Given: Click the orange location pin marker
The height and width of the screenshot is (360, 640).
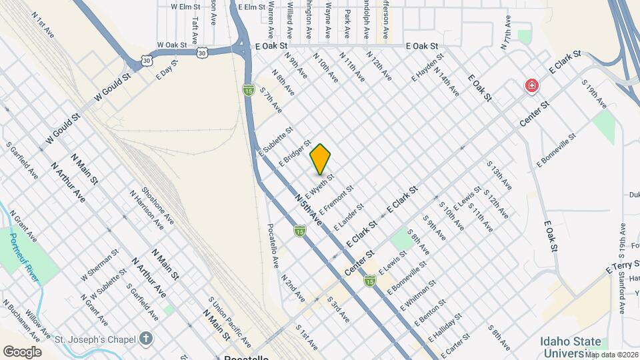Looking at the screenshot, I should tap(321, 159).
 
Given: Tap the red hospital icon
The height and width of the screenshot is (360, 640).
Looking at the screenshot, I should tap(531, 85).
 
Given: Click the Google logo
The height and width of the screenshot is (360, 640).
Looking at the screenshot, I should tap(22, 352).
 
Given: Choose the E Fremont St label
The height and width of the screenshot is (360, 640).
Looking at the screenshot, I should tap(339, 199).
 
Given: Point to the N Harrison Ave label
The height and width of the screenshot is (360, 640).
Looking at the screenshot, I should tap(146, 211).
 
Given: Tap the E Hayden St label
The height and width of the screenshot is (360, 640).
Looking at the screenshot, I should tap(427, 67).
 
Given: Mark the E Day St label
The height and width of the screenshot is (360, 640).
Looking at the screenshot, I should tap(165, 71).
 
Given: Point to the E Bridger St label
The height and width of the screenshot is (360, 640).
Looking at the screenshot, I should tap(295, 153).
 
